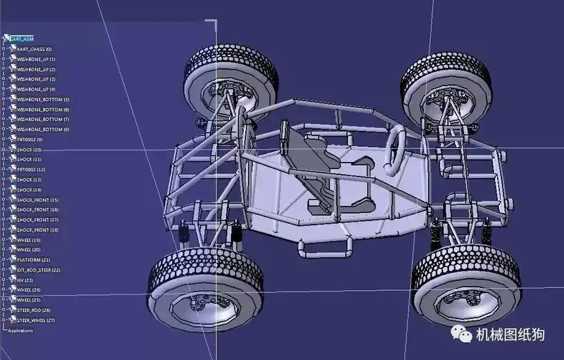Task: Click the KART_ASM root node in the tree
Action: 22,39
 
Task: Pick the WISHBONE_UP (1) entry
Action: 36,59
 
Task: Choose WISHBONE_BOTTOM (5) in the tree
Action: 42,99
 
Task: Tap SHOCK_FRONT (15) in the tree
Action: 37,199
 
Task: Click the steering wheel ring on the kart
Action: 394,149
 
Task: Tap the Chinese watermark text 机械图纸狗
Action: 511,335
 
